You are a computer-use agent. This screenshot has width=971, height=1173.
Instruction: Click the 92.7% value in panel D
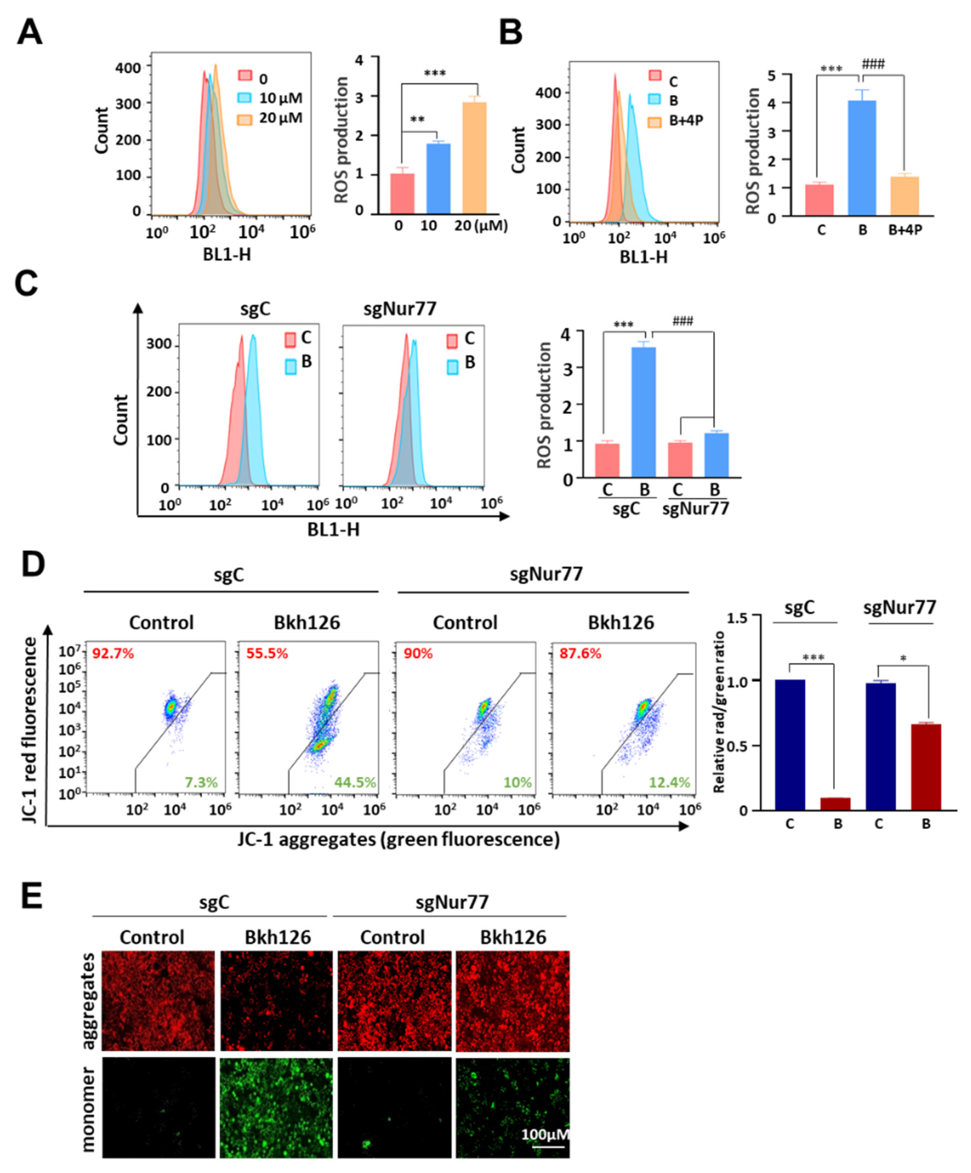point(113,654)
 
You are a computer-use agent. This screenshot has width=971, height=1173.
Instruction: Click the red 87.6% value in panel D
point(580,654)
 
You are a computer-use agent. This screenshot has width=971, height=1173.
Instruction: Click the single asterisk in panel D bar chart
point(903,659)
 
